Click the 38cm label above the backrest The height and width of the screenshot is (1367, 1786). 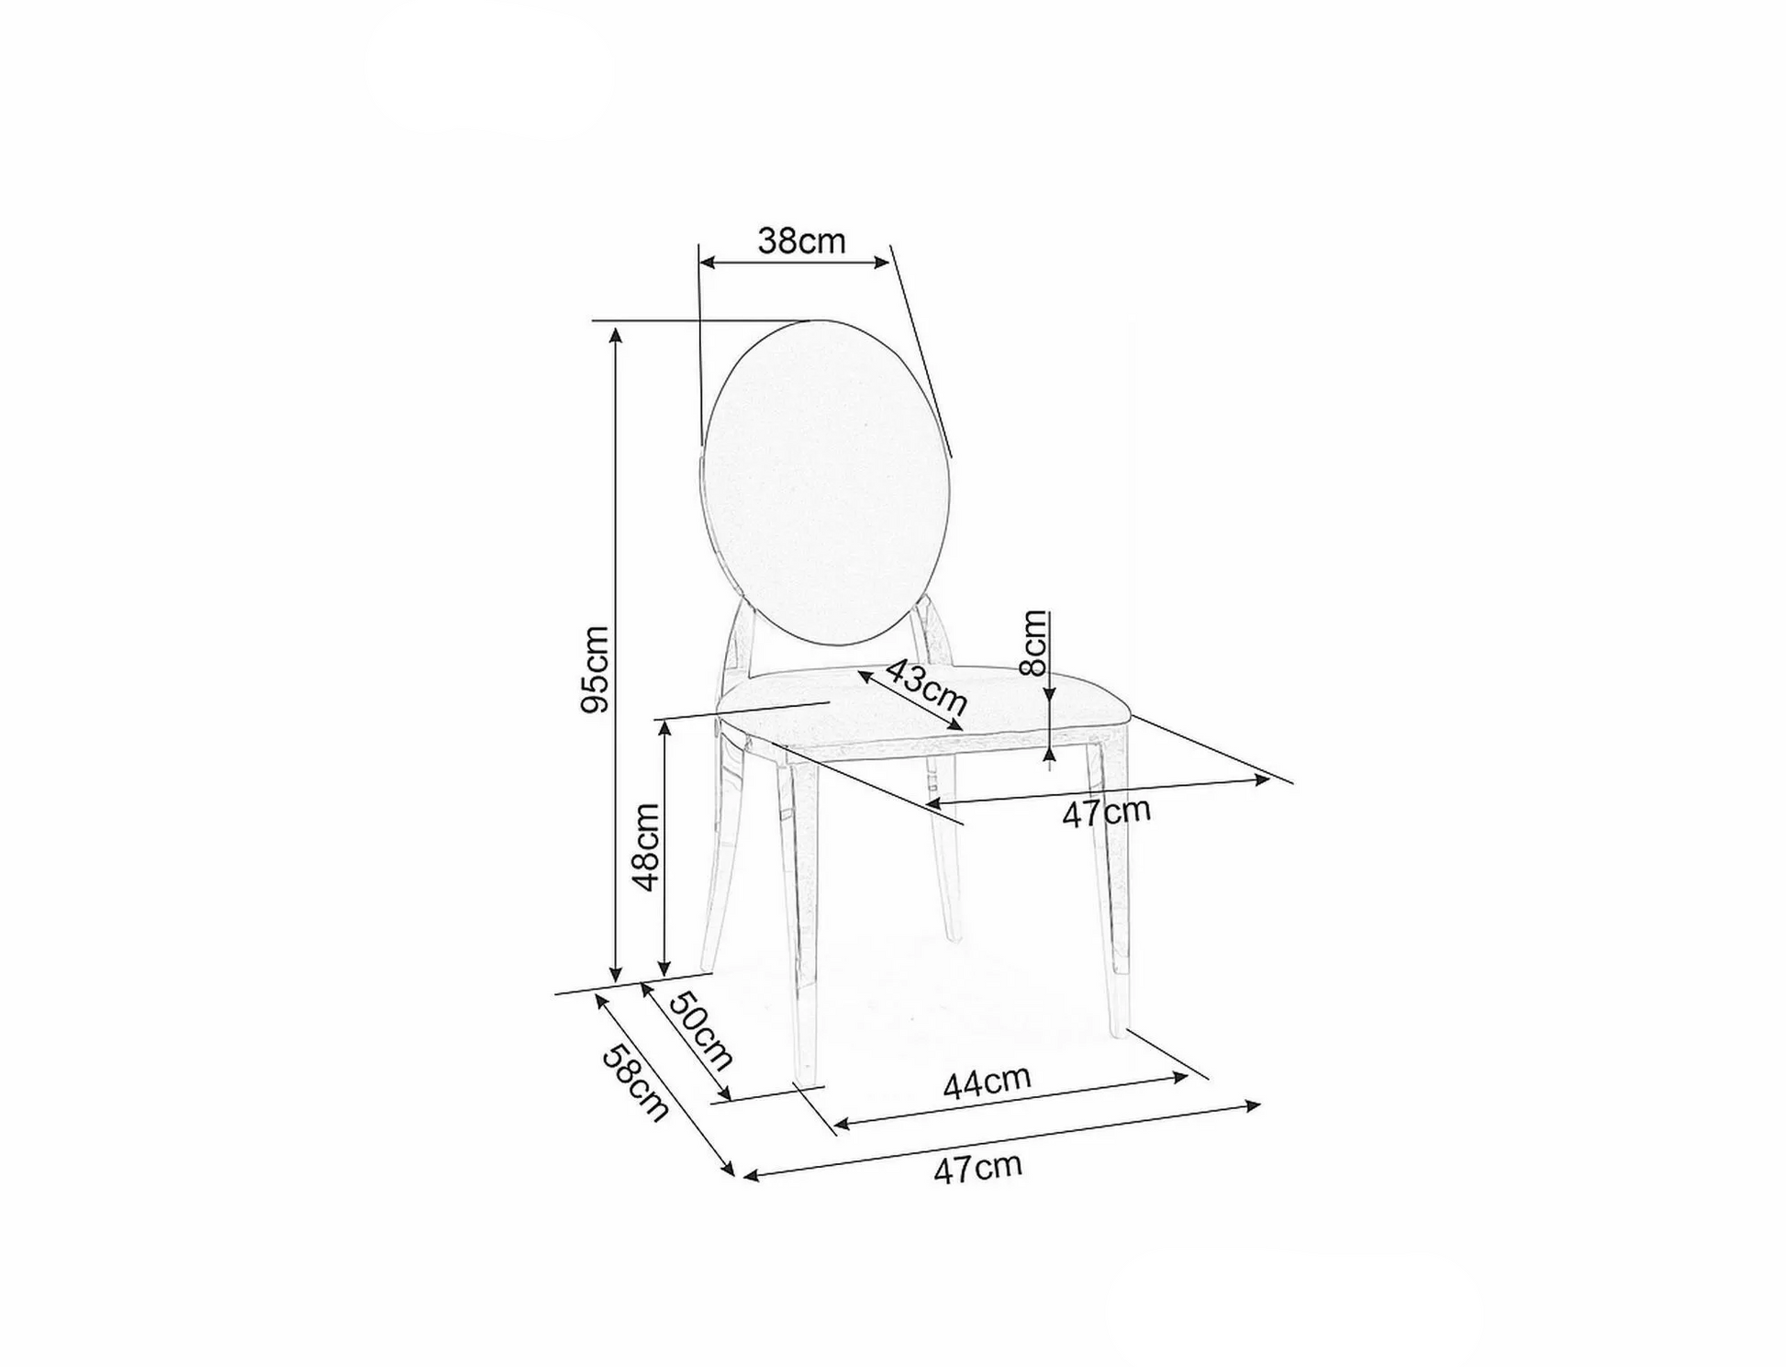tap(801, 241)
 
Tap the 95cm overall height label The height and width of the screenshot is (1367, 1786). tap(595, 669)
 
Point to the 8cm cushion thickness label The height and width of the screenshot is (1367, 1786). tap(1034, 643)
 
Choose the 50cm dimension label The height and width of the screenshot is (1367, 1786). tap(700, 1031)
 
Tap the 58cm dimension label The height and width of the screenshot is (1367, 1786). tap(635, 1083)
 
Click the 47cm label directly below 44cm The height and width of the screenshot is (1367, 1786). tap(977, 1169)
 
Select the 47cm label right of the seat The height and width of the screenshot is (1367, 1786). tap(1106, 812)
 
